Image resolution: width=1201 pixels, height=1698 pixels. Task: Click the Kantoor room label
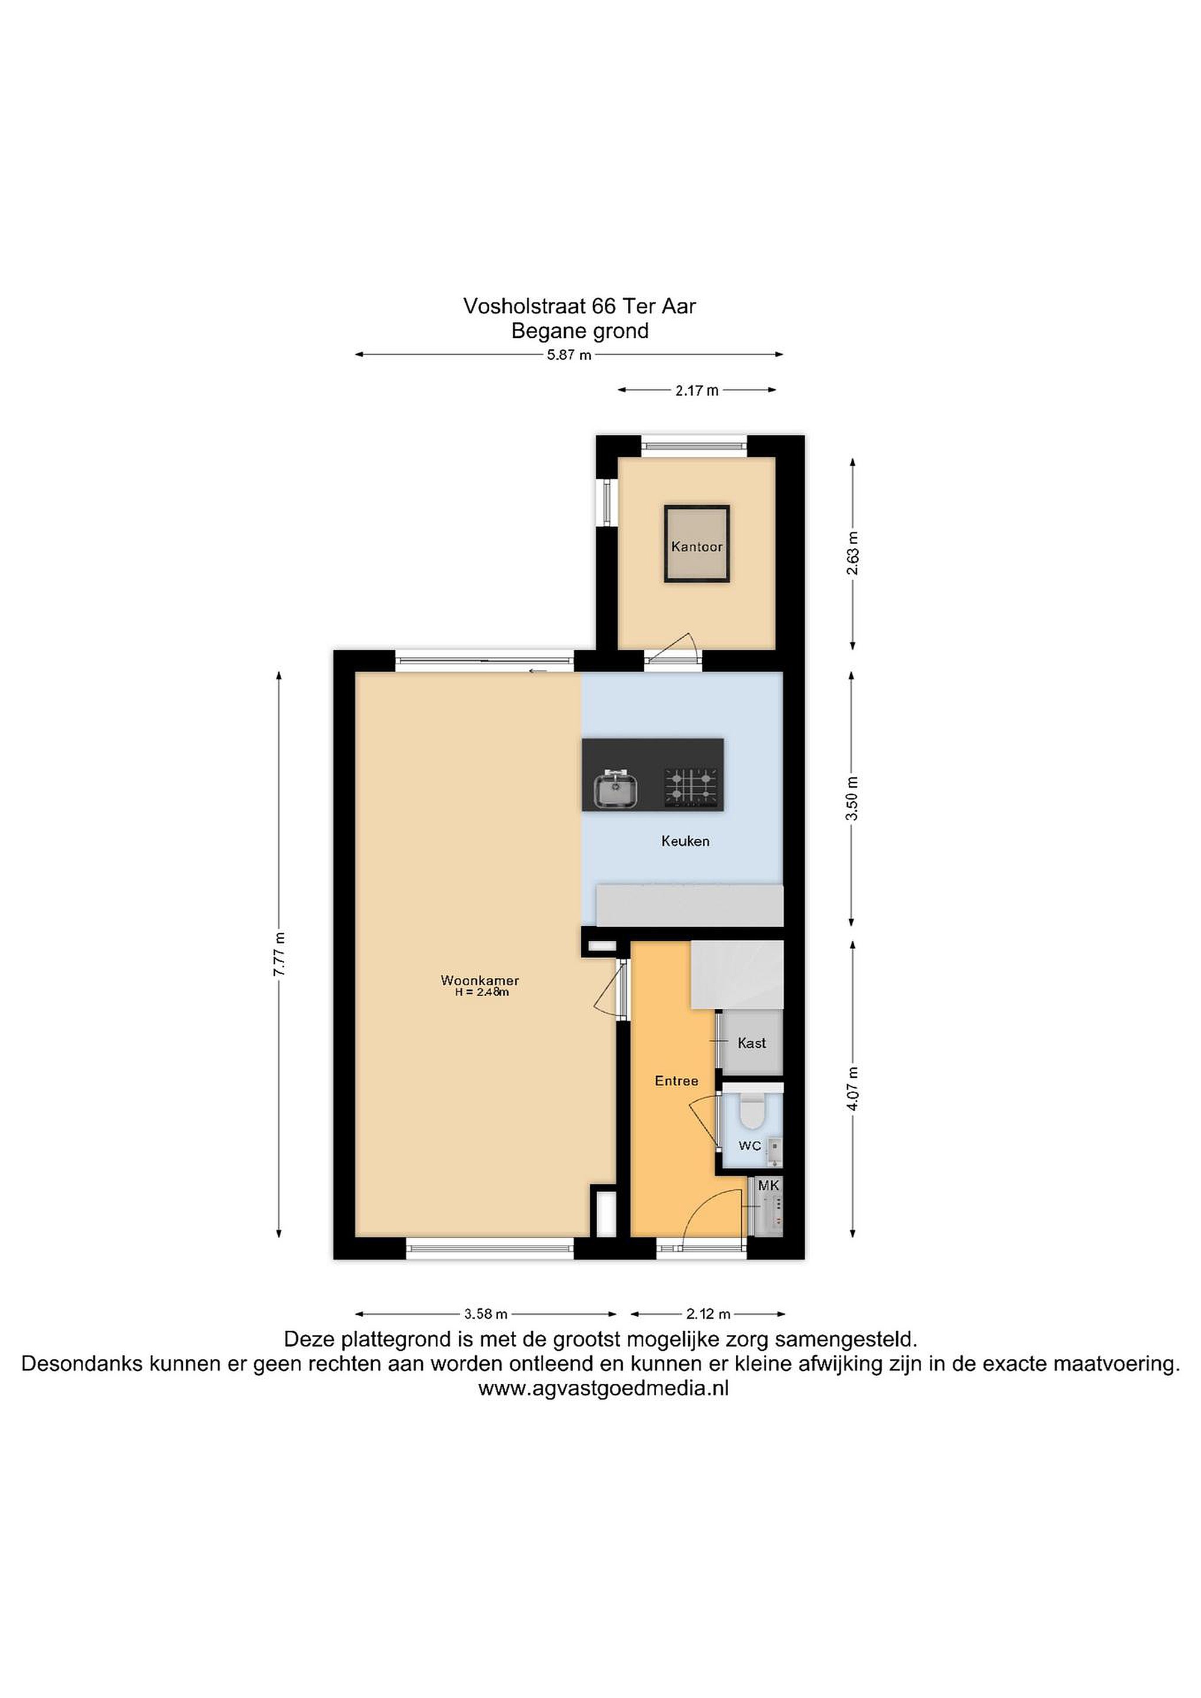click(697, 547)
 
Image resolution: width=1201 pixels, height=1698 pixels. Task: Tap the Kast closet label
click(751, 1043)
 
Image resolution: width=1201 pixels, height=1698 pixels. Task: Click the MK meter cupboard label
click(769, 1186)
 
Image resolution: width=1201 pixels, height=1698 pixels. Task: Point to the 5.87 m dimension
click(569, 355)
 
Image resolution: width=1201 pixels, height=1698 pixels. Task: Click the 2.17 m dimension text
click(697, 390)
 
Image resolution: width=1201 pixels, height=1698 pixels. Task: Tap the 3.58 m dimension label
click(486, 1314)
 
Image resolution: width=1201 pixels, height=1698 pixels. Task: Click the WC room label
click(750, 1146)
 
